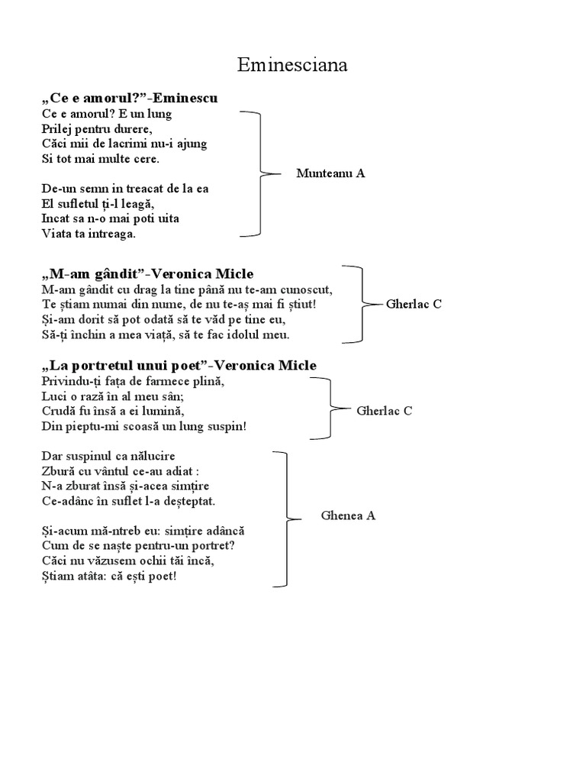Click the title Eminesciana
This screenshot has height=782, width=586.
point(292,66)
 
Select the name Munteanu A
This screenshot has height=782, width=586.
point(330,173)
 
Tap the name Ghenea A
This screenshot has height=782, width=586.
point(348,515)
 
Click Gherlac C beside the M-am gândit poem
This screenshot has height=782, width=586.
point(414,304)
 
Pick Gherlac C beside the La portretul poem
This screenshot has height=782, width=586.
point(385,411)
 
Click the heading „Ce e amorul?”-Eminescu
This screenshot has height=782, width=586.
point(130,98)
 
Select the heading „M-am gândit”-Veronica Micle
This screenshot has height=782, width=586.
point(147,273)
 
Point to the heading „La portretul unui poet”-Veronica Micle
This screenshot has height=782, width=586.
point(179,366)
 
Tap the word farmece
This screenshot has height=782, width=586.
point(172,381)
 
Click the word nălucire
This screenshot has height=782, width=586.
point(150,456)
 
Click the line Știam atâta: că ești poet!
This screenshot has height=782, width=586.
point(109,575)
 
